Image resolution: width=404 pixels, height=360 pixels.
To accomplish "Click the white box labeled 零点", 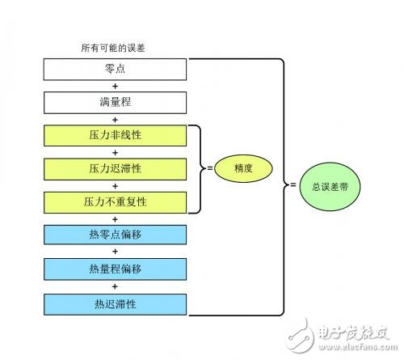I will pos(116,70).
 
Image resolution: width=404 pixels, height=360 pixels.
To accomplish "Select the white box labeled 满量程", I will pos(116,104).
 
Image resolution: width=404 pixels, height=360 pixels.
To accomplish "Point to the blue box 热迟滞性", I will pos(116,303).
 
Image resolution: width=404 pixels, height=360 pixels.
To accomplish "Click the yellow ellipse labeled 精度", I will pos(243,168).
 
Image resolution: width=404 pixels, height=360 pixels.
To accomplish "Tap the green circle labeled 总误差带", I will pos(330,185).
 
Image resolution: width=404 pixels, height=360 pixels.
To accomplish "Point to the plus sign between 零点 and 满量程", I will pos(115,87).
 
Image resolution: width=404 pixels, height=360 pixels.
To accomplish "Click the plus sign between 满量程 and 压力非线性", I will pos(115,120).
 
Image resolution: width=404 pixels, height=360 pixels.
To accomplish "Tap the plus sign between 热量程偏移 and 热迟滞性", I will pos(115,286).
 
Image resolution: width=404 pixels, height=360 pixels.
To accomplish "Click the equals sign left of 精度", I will pos(209,168).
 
